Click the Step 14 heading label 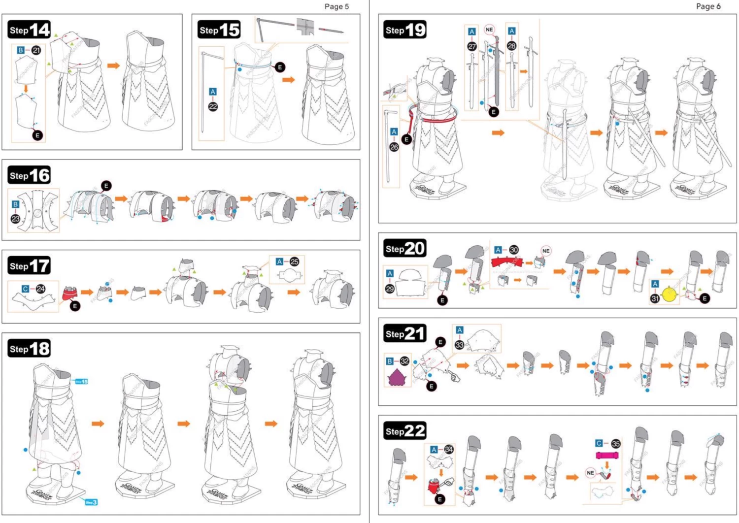coord(30,30)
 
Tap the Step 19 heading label coord(405,30)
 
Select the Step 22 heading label coord(405,431)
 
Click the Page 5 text coord(336,6)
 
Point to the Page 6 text coord(708,6)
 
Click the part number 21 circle coord(36,50)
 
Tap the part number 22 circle coord(213,106)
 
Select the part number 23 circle coord(16,219)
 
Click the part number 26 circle coord(394,147)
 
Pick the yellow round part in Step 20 coord(669,294)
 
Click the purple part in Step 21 coord(397,377)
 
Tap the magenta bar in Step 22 coord(607,456)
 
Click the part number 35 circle coord(616,444)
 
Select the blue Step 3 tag coord(91,502)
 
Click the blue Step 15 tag coord(81,382)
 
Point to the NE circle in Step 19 coord(489,30)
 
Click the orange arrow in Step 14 coord(114,65)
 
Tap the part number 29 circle coord(390,289)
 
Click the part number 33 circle coord(460,345)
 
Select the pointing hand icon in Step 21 coord(454,377)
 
